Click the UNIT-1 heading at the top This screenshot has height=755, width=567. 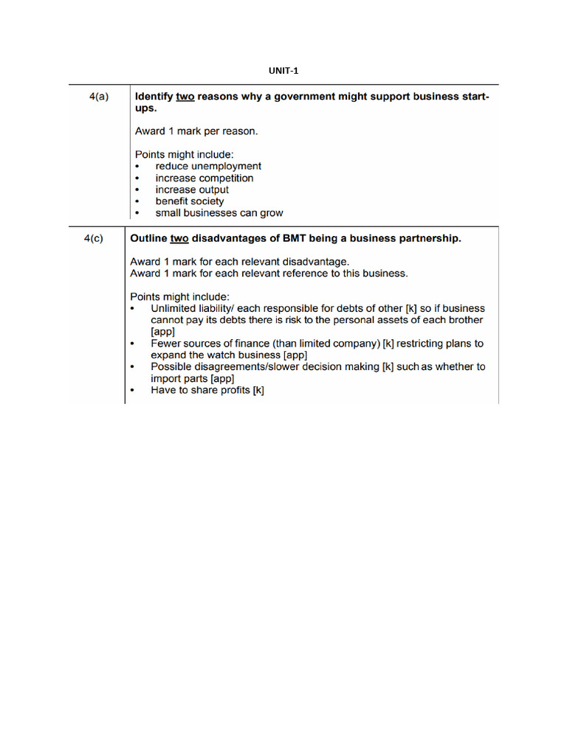point(283,71)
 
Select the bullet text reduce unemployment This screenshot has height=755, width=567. point(207,167)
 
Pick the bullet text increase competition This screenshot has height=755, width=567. point(204,178)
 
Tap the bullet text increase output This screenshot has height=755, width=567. point(192,189)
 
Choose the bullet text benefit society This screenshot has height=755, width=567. point(189,201)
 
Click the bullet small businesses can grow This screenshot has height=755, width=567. point(219,213)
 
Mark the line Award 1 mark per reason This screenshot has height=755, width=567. point(196,131)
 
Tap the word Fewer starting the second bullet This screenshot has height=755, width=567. point(167,344)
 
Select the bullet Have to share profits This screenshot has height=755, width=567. point(207,390)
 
